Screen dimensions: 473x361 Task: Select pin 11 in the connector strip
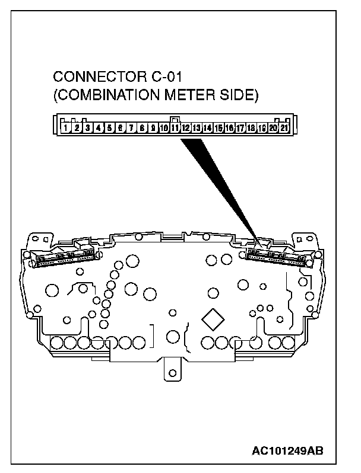coord(175,127)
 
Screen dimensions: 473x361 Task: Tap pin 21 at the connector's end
coord(284,127)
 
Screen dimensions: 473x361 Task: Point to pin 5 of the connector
coord(110,127)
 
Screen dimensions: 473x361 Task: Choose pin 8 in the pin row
coord(142,127)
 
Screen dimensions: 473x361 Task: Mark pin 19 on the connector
coord(262,127)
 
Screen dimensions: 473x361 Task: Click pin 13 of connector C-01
coord(197,127)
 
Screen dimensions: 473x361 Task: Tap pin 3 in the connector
coord(88,127)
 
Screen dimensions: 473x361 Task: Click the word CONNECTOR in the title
coord(96,78)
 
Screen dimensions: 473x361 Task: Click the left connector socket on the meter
coord(64,257)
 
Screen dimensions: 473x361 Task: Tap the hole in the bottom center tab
coord(173,373)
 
